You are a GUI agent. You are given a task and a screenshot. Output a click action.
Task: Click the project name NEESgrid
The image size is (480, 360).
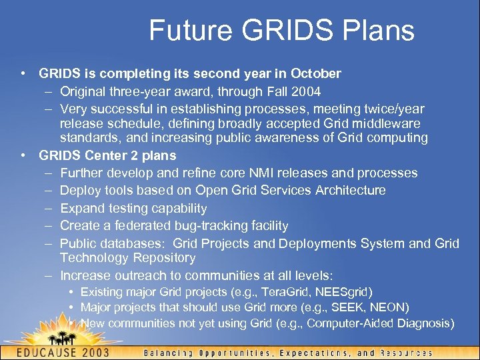click(x=344, y=292)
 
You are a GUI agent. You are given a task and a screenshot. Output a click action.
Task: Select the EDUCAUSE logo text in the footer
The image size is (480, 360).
click(x=53, y=352)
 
